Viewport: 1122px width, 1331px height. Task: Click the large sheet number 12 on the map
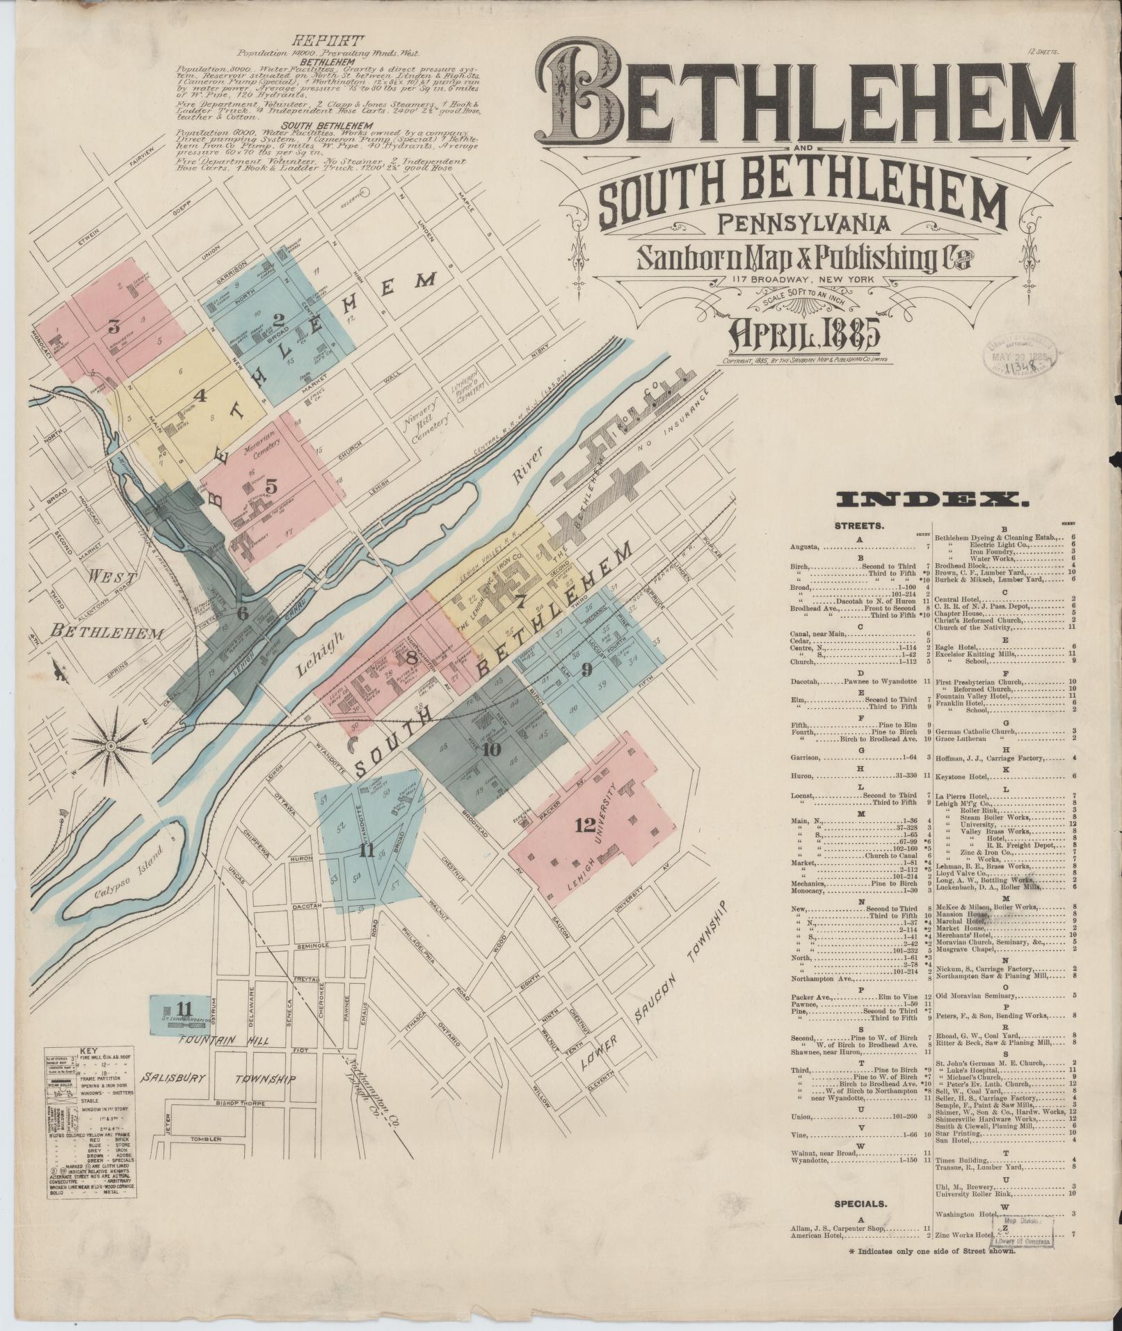[x=586, y=825]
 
